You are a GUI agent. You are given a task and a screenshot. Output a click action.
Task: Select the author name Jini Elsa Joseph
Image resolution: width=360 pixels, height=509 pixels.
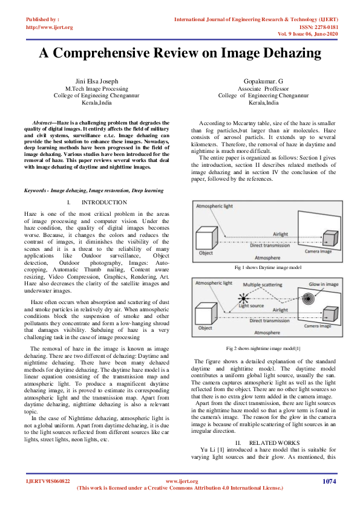click(x=96, y=80)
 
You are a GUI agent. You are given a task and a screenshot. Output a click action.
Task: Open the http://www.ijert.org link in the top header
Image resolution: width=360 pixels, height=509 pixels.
click(x=50, y=27)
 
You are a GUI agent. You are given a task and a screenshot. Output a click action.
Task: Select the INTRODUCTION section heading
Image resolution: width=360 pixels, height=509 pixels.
click(x=104, y=202)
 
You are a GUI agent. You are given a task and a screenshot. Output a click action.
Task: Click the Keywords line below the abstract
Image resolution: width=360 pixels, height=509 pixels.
click(x=94, y=190)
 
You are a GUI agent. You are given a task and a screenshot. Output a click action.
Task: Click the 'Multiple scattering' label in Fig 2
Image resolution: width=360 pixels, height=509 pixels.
click(x=264, y=284)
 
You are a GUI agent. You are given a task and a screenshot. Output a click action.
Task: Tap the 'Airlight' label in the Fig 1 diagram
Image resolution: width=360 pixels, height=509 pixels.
click(x=280, y=234)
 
